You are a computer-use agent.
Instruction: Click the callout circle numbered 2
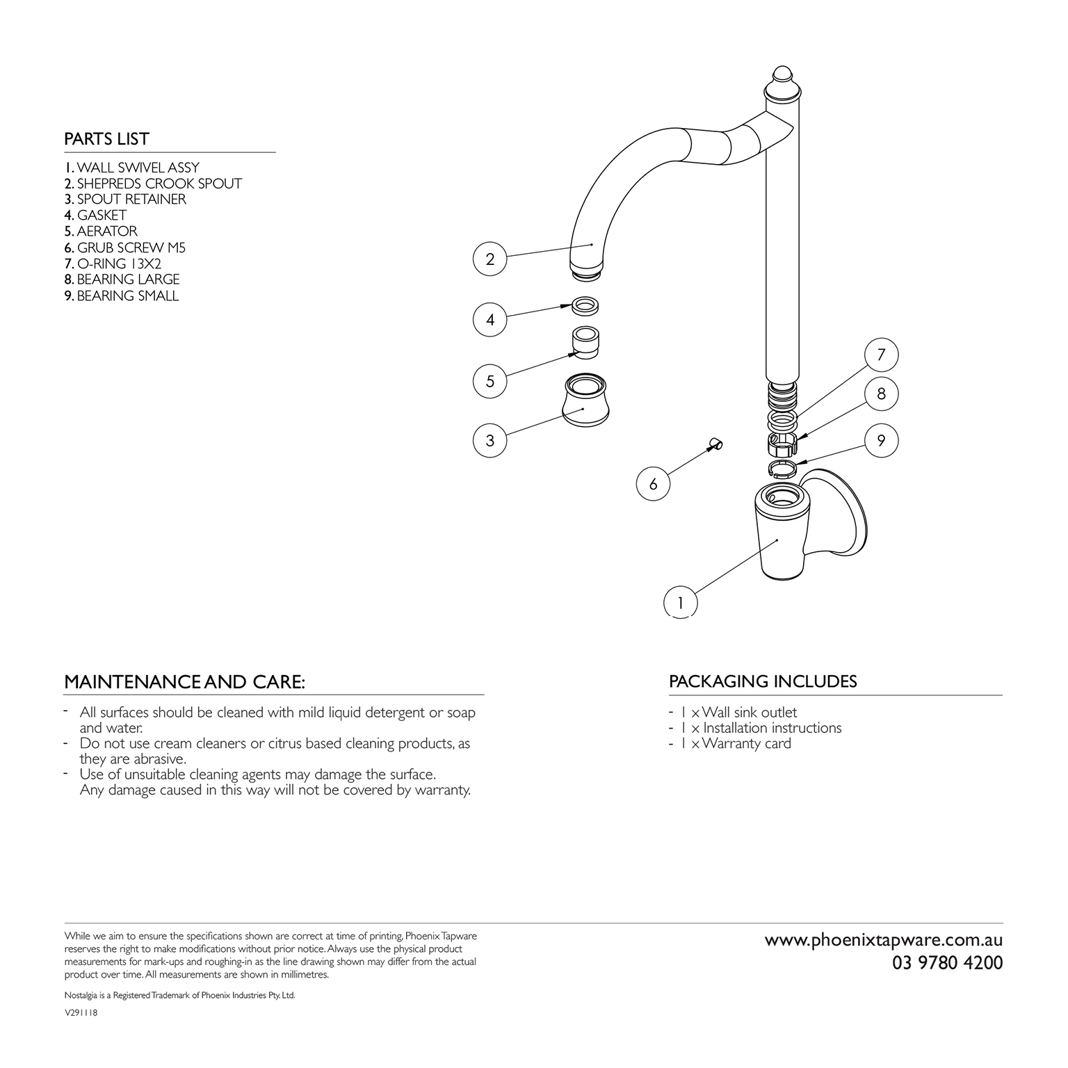coord(490,259)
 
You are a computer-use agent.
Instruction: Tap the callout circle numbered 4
coord(490,320)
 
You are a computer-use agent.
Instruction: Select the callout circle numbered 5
coord(490,381)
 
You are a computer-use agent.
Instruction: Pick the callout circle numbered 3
coord(490,440)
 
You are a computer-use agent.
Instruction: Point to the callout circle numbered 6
coord(653,484)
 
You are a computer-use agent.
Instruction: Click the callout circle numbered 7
coord(881,355)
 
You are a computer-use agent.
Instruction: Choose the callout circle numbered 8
coord(881,394)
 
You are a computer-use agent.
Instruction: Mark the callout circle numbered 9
coord(881,441)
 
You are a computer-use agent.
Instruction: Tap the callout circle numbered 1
coord(681,602)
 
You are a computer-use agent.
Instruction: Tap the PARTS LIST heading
coord(106,139)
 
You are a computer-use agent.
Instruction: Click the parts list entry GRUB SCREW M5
coord(125,248)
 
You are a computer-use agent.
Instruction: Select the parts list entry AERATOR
coord(101,232)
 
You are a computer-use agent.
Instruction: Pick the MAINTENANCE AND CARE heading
coord(184,682)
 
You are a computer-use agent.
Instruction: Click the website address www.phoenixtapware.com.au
coord(884,940)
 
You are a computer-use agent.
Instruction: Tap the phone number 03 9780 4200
coord(948,963)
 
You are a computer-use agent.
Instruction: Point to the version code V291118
coord(81,1014)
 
